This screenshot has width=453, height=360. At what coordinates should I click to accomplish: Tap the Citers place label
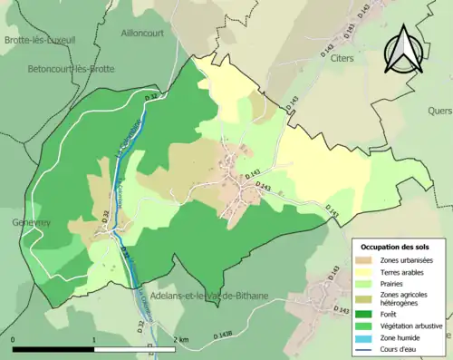335,57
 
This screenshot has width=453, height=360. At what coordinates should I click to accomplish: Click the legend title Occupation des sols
397,247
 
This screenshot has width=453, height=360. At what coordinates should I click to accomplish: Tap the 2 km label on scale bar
181,338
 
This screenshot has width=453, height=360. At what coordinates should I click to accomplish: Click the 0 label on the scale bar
13,338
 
